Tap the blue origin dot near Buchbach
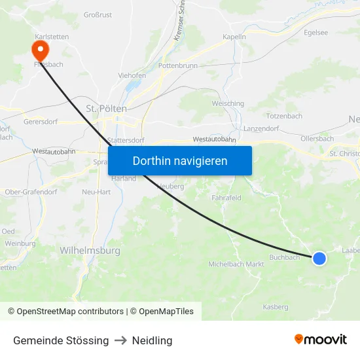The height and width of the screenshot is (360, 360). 319,259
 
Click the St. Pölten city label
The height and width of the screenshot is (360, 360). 106,109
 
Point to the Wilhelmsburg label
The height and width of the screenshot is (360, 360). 90,250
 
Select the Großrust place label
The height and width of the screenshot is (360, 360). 98,14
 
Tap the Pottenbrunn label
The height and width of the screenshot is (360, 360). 178,66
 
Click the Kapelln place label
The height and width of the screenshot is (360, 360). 234,37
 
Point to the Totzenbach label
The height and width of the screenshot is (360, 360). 285,116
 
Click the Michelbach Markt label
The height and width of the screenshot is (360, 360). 236,264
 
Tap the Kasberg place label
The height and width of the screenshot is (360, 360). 275,306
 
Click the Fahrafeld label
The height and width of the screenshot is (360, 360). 226,197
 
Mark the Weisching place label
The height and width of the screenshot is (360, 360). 228,103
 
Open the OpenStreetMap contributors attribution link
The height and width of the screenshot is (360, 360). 70,312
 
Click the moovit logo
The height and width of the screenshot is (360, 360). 320,339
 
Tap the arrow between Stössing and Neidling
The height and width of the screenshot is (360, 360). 120,340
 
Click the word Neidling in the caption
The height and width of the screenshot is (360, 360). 152,340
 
